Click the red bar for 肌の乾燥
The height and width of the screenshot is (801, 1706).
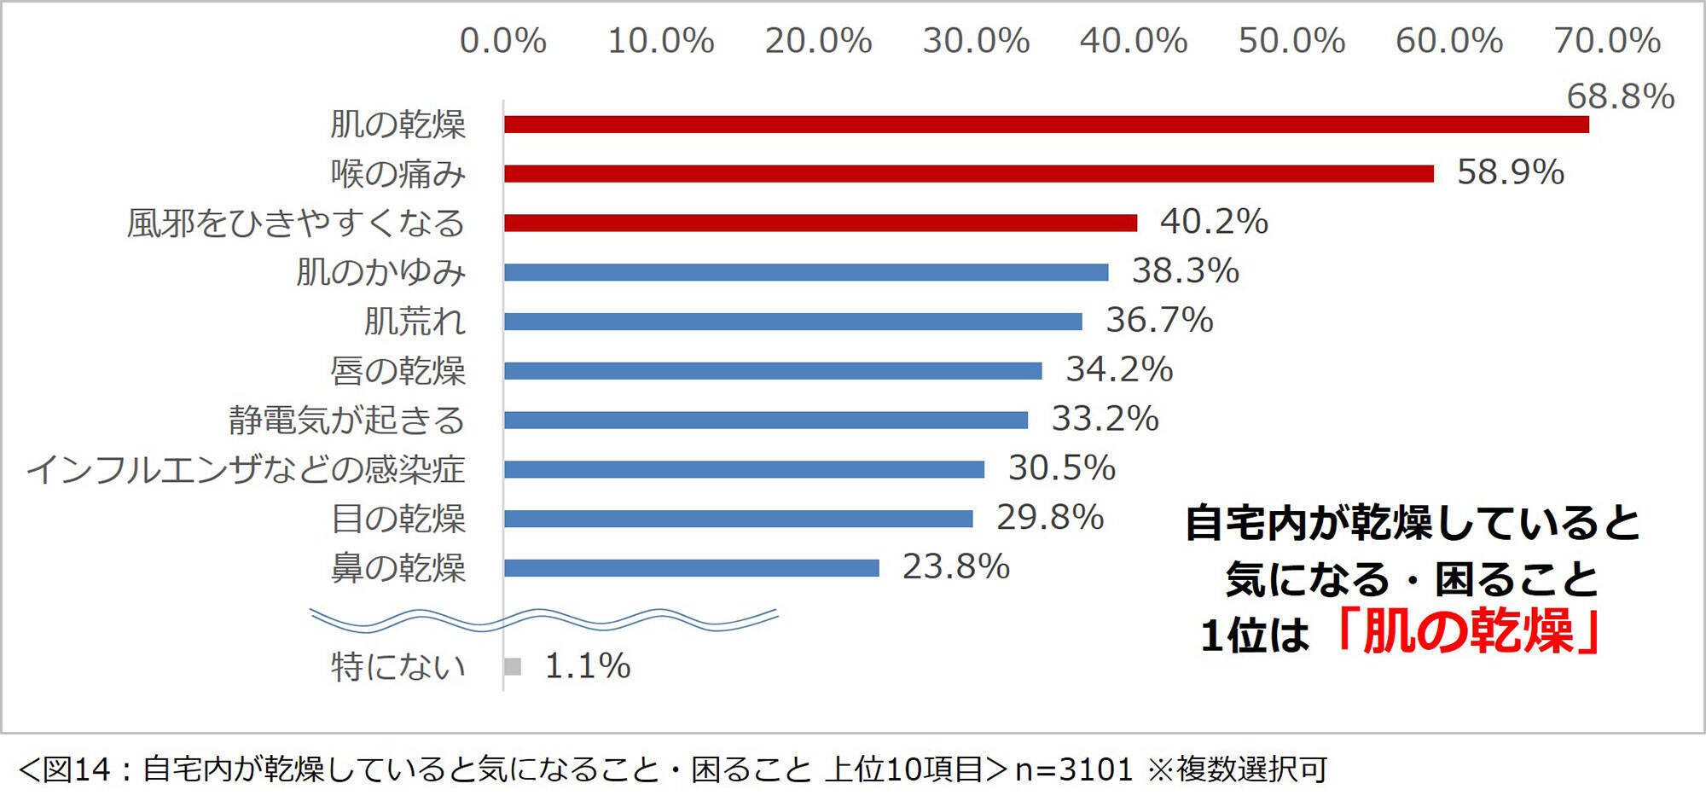pos(1046,125)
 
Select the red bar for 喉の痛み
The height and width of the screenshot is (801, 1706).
pos(968,174)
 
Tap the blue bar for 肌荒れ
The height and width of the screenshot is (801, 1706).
pos(792,322)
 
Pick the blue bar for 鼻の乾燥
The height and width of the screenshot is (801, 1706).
pos(691,568)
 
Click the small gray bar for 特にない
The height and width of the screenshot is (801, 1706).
pos(513,667)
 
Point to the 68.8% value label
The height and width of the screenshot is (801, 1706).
pos(1620,96)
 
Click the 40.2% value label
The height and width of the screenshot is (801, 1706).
pos(1213,222)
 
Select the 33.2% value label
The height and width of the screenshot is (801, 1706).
pos(1105,419)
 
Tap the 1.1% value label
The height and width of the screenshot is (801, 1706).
pos(587,666)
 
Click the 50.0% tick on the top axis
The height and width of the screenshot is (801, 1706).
pos(1291,41)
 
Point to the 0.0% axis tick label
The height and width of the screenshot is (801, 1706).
pos(502,41)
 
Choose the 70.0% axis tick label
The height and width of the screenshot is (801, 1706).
pos(1607,41)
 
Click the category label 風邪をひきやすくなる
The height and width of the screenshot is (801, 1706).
pos(296,223)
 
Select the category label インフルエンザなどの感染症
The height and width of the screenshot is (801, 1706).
pos(246,470)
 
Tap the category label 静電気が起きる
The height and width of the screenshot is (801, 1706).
pos(346,421)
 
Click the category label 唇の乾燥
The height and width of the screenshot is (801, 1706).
pos(397,371)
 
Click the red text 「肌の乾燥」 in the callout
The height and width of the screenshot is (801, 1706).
pos(1467,633)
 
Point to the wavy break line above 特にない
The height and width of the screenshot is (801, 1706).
pos(543,620)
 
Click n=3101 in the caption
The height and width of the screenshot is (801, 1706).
pos(1073,769)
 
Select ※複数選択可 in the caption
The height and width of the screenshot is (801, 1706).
pos(1237,769)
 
